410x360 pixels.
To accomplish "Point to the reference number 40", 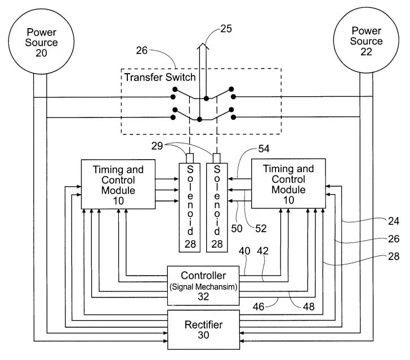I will [x=245, y=251].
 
